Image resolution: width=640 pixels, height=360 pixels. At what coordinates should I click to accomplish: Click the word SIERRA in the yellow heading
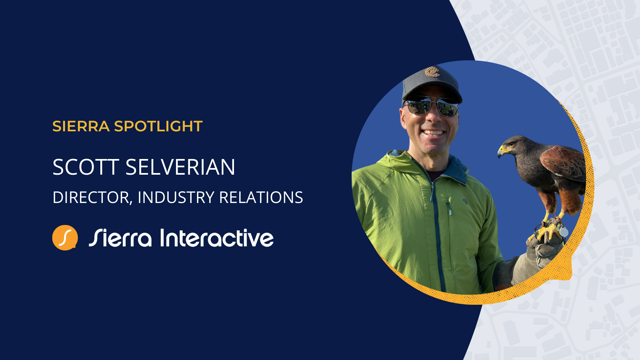[81, 126]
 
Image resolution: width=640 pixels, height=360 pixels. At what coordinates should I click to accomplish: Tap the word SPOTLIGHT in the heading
[158, 126]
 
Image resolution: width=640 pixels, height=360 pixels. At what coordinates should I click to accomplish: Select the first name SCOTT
[86, 167]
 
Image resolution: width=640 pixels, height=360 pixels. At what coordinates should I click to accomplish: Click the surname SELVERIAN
[180, 167]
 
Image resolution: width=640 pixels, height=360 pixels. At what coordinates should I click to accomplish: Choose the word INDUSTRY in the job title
[176, 197]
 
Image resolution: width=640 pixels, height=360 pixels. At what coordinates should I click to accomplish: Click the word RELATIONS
[261, 197]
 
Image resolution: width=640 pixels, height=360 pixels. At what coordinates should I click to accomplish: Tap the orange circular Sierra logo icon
[65, 238]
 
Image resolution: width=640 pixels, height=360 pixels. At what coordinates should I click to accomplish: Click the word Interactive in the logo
[217, 238]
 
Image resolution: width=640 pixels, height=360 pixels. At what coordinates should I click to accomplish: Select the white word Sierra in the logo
[120, 238]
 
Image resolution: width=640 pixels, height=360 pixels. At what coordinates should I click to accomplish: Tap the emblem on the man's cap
[432, 72]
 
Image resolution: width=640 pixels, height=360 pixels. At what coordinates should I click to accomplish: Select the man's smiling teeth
[433, 132]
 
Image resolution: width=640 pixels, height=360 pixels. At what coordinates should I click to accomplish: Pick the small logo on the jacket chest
[465, 201]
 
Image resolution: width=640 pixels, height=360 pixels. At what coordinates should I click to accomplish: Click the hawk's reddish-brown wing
[563, 163]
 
